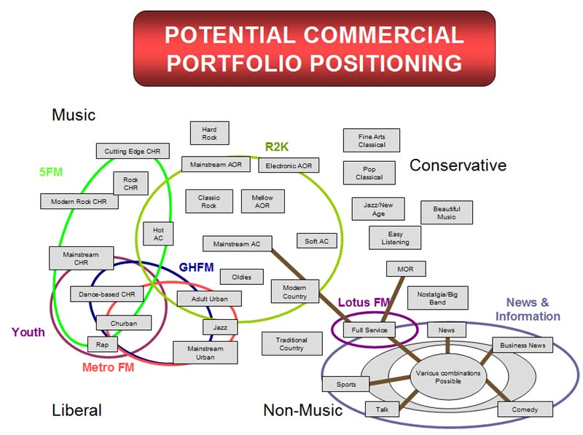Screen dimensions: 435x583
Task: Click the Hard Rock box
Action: click(x=209, y=133)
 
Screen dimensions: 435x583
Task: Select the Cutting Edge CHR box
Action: click(x=133, y=151)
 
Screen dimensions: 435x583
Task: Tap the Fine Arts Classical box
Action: click(x=372, y=140)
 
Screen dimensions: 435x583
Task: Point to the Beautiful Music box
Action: click(x=447, y=212)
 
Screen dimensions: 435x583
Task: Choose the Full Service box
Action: click(x=369, y=330)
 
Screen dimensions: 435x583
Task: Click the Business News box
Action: click(x=523, y=345)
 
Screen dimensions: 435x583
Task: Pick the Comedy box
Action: click(x=525, y=409)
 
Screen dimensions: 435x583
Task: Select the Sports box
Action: click(x=346, y=384)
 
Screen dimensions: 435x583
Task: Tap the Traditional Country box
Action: click(x=291, y=344)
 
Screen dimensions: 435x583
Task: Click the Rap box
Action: click(x=102, y=344)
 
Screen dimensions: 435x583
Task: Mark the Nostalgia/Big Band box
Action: click(x=437, y=297)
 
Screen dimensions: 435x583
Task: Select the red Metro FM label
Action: click(x=108, y=367)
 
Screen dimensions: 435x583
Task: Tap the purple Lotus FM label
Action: click(x=364, y=302)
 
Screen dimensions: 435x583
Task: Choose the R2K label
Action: click(x=277, y=147)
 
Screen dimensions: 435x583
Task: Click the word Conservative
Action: click(x=458, y=165)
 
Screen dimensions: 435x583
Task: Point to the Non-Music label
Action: click(x=302, y=410)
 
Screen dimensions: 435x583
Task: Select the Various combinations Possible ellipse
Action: click(x=438, y=377)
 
